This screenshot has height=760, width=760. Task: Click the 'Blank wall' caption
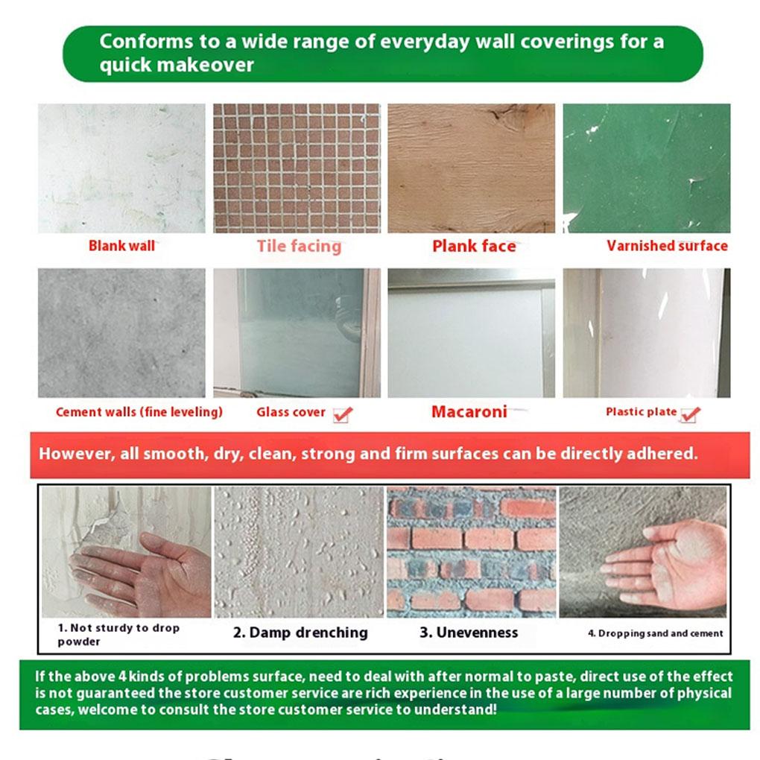point(121,246)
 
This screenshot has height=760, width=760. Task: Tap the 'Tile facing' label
point(299,246)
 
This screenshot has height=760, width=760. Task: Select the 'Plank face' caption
point(474,246)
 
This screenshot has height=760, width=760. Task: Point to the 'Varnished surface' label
point(667,246)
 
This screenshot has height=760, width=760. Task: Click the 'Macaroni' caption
point(469,411)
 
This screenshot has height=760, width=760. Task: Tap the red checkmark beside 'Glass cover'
point(343,414)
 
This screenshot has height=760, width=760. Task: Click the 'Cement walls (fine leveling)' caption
point(139,412)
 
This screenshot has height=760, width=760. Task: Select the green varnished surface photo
point(646,168)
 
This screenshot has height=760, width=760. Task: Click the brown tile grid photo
point(297,168)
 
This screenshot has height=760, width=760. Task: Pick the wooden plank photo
point(471,168)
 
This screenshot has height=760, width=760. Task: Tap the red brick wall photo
point(471,551)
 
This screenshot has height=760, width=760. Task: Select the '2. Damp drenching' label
point(300,633)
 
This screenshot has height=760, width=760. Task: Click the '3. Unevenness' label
point(468,633)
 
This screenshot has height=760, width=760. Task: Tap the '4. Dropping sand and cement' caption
point(655,633)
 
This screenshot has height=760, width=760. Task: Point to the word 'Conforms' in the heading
point(142,41)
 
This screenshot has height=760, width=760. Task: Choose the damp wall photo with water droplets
point(298,551)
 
